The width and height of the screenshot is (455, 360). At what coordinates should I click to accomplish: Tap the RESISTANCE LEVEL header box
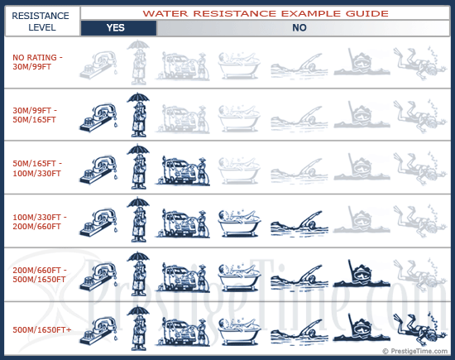point(42,22)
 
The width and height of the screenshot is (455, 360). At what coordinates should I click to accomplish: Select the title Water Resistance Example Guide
point(266,13)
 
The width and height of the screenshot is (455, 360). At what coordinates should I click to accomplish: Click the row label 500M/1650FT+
point(42,330)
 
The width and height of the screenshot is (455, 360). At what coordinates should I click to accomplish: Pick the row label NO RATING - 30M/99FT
point(37,62)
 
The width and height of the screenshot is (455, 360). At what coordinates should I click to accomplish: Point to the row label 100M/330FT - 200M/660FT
point(40,222)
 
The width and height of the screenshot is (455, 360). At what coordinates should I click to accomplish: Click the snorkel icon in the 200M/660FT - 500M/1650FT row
point(362,273)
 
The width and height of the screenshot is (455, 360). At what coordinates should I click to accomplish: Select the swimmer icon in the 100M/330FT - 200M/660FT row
point(299,223)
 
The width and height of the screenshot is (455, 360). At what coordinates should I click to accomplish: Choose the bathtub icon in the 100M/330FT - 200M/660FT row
point(239,223)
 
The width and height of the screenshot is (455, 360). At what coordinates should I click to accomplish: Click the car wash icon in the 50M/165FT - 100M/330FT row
point(183,170)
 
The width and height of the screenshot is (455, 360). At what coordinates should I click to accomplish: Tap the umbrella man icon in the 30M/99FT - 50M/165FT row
point(138,115)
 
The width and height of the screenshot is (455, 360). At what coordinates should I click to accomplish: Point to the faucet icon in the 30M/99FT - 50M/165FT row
point(98,118)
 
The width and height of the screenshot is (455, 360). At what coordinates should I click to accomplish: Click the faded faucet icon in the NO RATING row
point(98,65)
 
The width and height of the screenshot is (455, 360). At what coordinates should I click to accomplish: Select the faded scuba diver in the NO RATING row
point(420,63)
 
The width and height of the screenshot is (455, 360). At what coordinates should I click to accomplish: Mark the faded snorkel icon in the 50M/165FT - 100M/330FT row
point(362,167)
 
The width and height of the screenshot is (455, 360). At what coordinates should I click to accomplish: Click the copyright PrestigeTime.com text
point(415,351)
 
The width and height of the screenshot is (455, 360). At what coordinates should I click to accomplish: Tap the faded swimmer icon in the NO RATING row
point(299,65)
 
